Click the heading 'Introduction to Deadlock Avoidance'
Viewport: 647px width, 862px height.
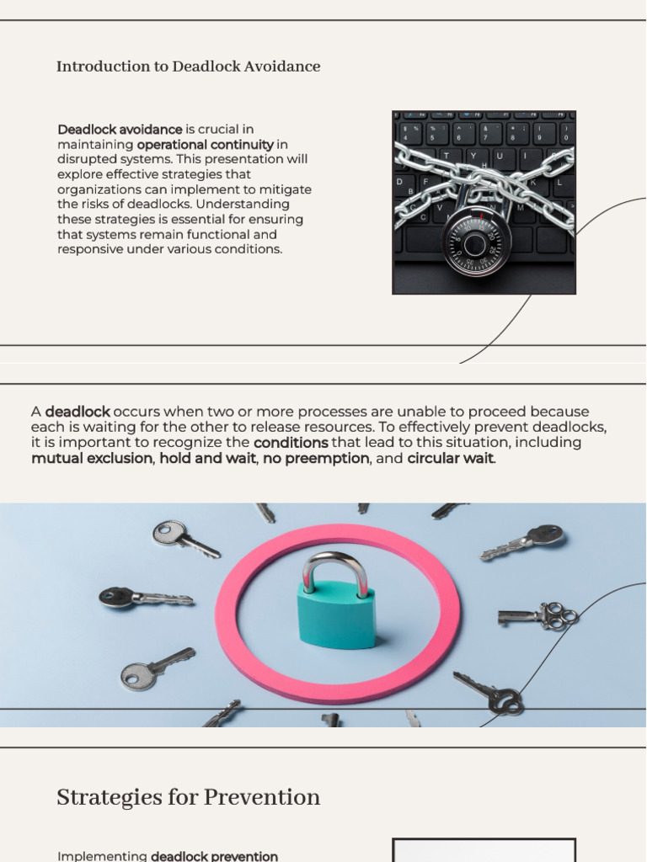[x=188, y=67]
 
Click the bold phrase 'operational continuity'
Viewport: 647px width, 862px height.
[x=205, y=144]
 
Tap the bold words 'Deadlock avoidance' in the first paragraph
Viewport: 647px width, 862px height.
[x=120, y=129]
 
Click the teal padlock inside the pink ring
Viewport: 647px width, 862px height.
[x=336, y=614]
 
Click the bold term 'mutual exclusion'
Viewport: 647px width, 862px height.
[x=92, y=459]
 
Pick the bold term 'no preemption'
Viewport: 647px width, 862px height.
[x=316, y=459]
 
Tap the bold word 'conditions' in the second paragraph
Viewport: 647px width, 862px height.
[x=291, y=443]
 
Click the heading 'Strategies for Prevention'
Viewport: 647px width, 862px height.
[x=188, y=797]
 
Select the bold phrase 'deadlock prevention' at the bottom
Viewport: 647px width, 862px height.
[x=214, y=856]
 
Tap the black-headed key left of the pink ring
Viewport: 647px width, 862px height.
[x=143, y=598]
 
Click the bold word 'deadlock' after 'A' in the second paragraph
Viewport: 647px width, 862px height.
[x=78, y=412]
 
